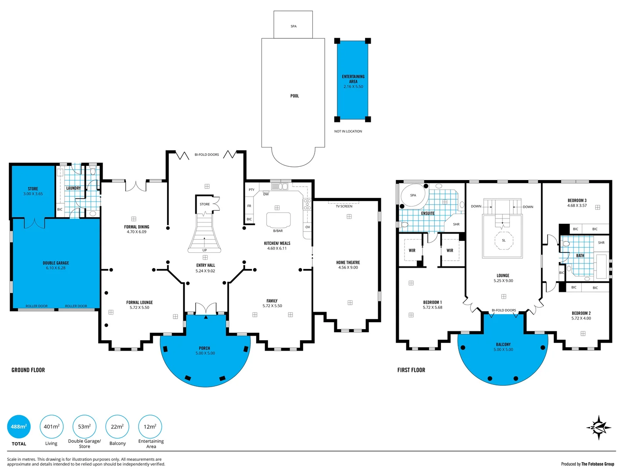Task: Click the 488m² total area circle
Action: coord(19,427)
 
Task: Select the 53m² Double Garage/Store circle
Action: coord(84,427)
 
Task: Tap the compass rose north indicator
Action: coord(598,427)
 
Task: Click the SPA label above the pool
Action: coord(294,26)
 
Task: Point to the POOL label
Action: coord(294,96)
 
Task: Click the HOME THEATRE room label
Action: coord(348,262)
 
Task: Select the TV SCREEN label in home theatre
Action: coord(344,206)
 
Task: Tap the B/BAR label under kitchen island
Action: coord(278,231)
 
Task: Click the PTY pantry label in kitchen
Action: coord(251,190)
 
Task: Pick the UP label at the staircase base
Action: coord(204,250)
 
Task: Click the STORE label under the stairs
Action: coord(204,204)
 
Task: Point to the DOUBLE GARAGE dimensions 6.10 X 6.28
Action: coord(56,268)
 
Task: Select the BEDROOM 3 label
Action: coord(577,201)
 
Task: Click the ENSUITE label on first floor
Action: coord(428,213)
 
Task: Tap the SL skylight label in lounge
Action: coord(504,241)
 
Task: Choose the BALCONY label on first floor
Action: coord(503,345)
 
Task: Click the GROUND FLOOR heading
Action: coord(28,370)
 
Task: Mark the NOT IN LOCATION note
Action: coord(348,131)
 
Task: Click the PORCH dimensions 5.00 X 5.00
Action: coord(205,353)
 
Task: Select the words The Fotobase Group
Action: coord(598,464)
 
